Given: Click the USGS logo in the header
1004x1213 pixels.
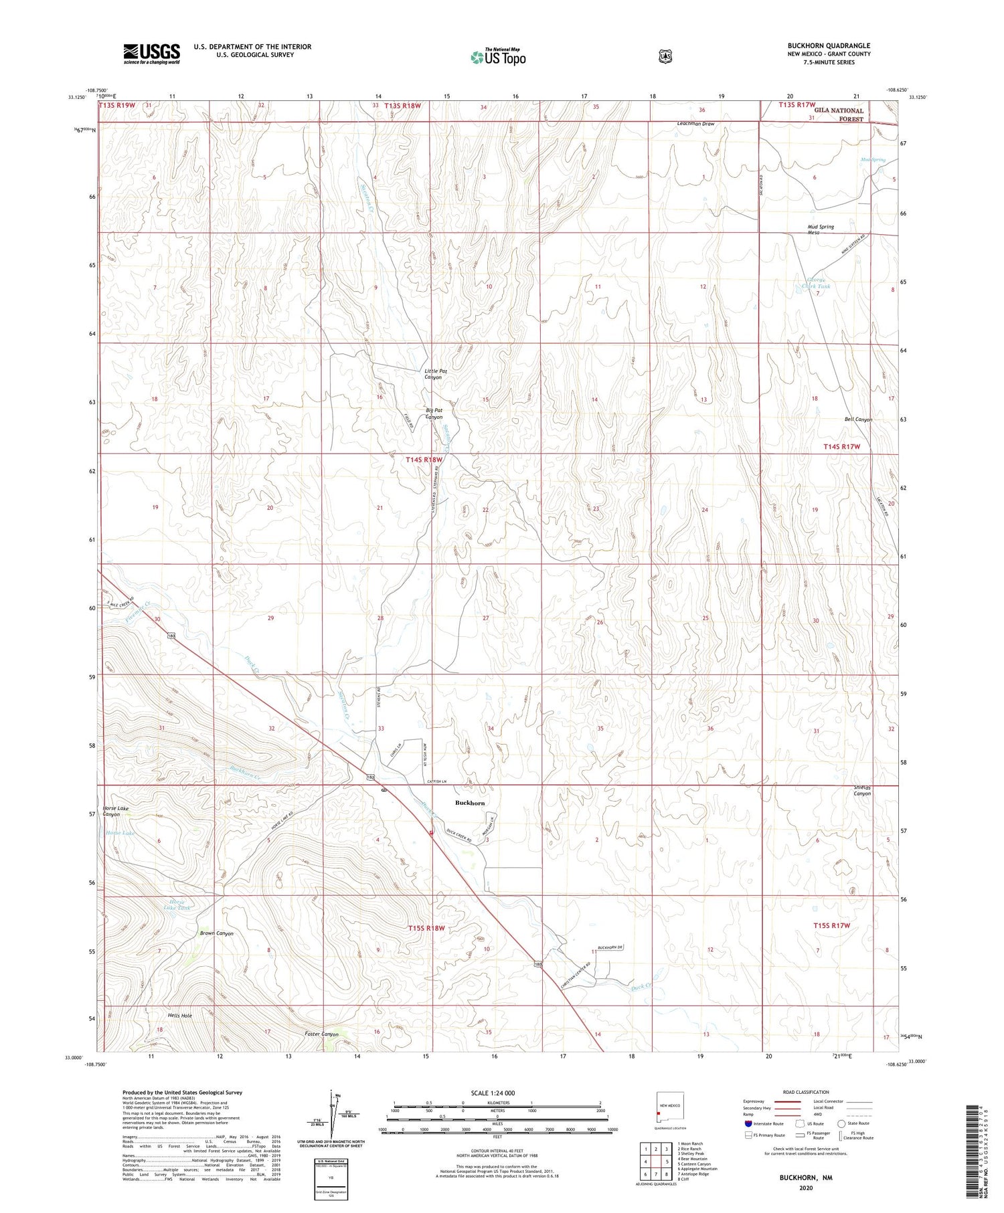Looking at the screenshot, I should coord(151,53).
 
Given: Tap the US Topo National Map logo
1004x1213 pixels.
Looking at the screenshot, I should coord(498,56).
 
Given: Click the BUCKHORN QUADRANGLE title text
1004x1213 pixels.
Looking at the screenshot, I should coord(829,45).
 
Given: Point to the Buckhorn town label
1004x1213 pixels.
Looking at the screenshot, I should coord(470,802).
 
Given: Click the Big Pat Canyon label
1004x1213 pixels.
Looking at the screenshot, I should coord(434,413).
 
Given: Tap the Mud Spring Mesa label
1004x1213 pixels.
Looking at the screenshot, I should coord(821,229).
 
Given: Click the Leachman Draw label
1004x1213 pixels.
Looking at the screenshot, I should coord(695,124).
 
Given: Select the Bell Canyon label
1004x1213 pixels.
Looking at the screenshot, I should coord(858,419).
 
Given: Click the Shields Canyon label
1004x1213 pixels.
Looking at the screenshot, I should coord(862,790).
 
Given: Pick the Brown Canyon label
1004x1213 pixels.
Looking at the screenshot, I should coord(216,933).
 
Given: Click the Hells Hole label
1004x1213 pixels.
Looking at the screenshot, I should coord(180,1016).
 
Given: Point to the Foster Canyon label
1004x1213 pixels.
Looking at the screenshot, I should coord(322,1034).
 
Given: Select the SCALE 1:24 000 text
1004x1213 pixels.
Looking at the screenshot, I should coord(493,1093).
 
